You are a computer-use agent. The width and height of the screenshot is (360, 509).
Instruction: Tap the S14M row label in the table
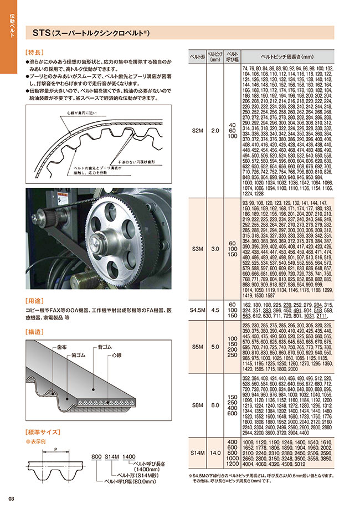pyautogui.click(x=197, y=453)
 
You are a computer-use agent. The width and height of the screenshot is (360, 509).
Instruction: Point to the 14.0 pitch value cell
pyautogui.click(x=215, y=453)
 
